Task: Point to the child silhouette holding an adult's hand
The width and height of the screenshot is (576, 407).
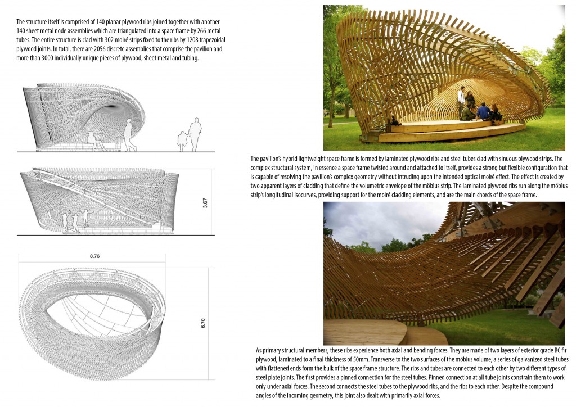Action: (182, 141)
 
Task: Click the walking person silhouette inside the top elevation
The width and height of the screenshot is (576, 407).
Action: (129, 135)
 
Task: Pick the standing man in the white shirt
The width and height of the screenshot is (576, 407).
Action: (461, 101)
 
